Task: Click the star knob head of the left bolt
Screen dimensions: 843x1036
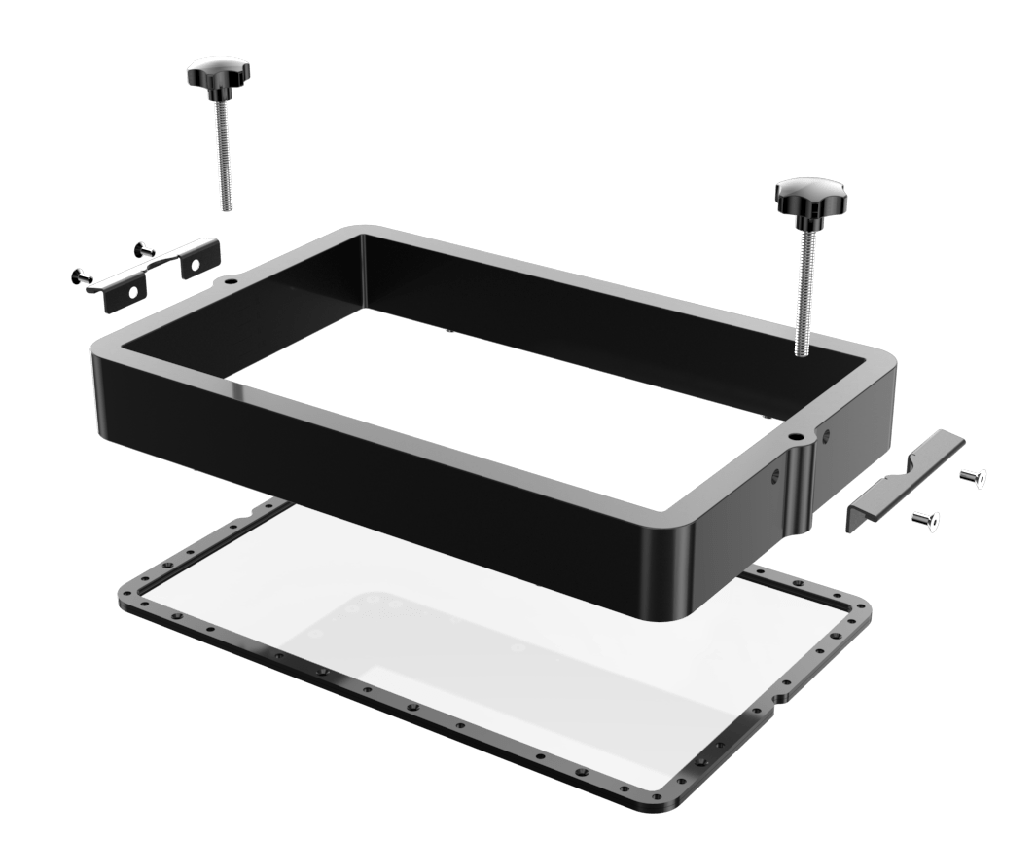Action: click(218, 74)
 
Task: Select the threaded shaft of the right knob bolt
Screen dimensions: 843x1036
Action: click(804, 292)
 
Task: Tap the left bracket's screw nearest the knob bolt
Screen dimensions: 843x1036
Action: click(145, 249)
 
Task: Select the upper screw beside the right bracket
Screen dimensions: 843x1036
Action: click(973, 476)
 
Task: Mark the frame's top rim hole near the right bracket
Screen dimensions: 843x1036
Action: click(797, 437)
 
